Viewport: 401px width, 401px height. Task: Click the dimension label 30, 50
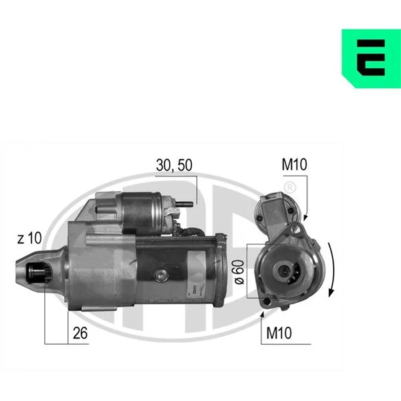click(174, 165)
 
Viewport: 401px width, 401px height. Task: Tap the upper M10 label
click(294, 164)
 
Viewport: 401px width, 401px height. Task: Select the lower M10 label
click(279, 333)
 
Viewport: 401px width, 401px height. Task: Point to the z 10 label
click(29, 238)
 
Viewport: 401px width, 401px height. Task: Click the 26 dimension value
click(80, 333)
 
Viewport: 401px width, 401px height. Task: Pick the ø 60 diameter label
click(239, 272)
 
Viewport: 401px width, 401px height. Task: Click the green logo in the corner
click(372, 59)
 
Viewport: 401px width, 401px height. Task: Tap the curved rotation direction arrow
click(331, 270)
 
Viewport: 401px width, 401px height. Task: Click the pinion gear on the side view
click(39, 273)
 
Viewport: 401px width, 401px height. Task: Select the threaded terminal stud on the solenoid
click(184, 204)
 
